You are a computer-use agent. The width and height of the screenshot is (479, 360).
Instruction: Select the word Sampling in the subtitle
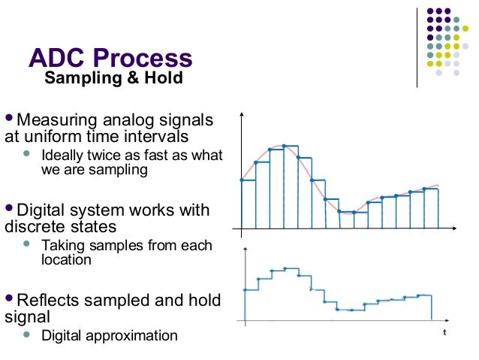[80, 79]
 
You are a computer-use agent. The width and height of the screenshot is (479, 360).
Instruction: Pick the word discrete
[31, 226]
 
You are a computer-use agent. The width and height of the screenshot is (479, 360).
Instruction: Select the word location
[66, 260]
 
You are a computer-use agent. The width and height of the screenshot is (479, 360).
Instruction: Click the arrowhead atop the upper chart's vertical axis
[242, 116]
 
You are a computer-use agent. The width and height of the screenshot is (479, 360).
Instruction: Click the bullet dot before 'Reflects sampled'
[9, 300]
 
